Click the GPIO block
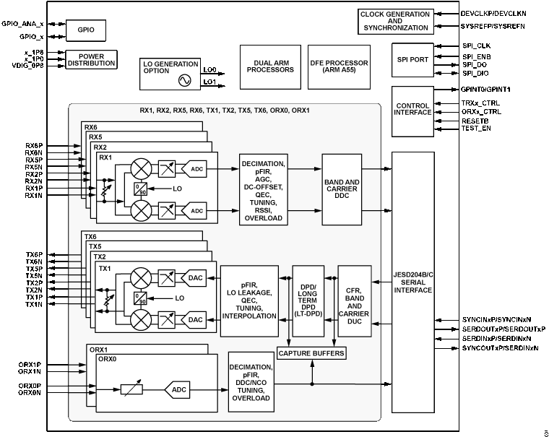[x=86, y=30]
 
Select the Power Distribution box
[x=92, y=59]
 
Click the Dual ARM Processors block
[x=270, y=66]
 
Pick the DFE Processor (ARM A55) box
[x=339, y=66]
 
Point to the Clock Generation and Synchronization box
[x=394, y=22]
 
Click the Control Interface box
[x=413, y=111]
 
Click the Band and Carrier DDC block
[x=342, y=189]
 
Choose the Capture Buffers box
[x=311, y=353]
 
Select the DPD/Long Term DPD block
[x=311, y=300]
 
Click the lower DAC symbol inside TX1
[x=195, y=319]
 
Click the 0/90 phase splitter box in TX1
[x=140, y=298]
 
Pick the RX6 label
[x=91, y=127]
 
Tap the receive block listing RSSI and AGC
[x=263, y=189]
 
